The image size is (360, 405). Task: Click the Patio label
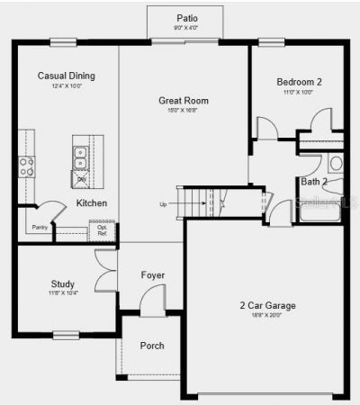186,18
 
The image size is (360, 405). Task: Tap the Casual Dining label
66,76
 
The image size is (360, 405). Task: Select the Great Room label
184,101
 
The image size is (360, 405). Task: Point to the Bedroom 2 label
299,82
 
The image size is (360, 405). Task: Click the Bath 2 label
314,182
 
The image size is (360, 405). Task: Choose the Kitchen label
92,203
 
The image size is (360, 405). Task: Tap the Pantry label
40,228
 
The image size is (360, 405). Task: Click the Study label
63,283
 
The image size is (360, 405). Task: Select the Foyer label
153,274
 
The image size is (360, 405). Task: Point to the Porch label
152,346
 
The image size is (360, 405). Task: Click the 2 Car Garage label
267,306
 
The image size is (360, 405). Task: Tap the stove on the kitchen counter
27,166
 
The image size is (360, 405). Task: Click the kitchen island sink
81,158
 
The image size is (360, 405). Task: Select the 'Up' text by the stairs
163,204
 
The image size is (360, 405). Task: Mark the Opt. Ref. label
103,230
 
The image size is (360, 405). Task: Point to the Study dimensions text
63,294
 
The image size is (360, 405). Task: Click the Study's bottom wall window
66,336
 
